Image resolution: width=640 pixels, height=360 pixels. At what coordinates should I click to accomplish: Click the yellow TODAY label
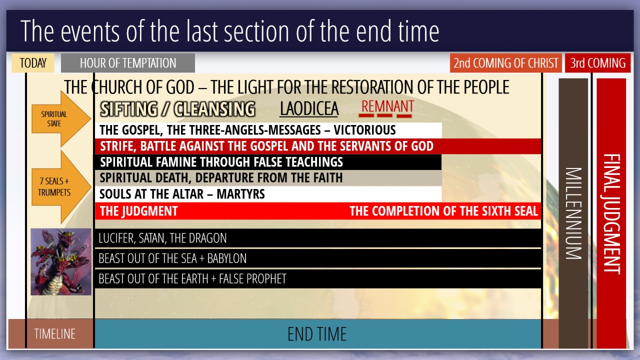33,63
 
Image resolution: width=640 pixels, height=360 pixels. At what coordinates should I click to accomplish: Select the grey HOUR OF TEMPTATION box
127,63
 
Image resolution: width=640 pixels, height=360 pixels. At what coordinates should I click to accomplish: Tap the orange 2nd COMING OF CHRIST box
505,63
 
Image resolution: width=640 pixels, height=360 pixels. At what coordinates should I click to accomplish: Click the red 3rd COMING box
597,63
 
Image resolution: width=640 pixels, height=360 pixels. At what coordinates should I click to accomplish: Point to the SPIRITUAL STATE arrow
60,119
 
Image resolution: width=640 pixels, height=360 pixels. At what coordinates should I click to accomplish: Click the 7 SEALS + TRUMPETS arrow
60,187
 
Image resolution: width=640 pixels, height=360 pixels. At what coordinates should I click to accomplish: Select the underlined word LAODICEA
309,109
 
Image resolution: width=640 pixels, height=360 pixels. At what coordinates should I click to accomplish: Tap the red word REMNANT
387,106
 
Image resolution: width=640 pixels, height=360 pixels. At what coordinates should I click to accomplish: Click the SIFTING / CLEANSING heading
177,109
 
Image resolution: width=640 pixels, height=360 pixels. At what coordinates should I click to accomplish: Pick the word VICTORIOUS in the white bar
364,130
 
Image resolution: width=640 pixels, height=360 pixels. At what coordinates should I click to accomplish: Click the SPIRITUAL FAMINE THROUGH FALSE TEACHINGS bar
268,162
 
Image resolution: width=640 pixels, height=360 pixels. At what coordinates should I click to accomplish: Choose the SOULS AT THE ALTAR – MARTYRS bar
268,194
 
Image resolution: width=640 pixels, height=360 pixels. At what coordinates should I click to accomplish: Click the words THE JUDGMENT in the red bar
139,211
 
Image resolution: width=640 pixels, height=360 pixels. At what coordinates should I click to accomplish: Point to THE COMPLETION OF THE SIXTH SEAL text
443,211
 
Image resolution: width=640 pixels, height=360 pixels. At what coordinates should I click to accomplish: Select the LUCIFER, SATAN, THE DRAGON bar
318,238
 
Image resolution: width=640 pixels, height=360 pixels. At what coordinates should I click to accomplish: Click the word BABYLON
227,258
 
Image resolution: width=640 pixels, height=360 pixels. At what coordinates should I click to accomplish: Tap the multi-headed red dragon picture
61,261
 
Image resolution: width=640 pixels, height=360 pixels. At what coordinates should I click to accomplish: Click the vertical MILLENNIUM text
573,213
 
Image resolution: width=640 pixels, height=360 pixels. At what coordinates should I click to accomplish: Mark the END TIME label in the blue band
317,334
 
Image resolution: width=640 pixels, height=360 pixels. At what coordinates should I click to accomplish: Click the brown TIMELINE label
54,334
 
